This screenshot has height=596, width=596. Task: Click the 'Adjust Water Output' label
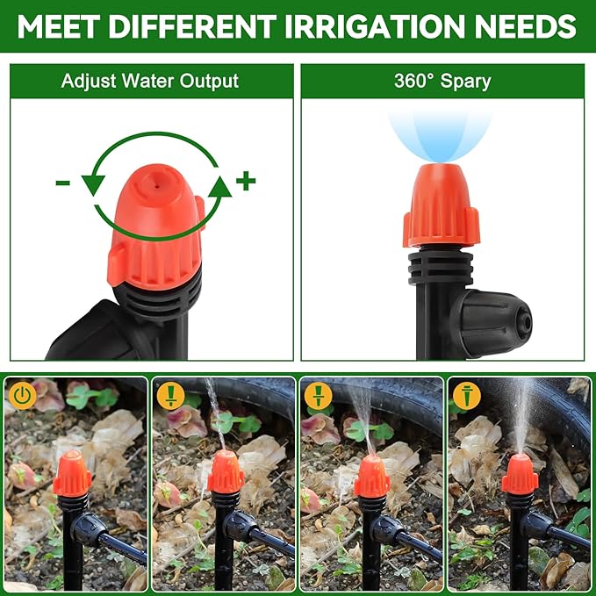click(x=150, y=82)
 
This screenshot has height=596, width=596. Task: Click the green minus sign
click(x=62, y=183)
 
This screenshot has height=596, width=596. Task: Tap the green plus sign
click(x=246, y=182)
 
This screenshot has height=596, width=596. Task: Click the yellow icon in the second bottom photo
click(x=169, y=396)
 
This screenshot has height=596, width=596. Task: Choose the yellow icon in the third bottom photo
click(x=317, y=396)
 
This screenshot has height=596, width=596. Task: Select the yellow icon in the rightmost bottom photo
click(x=464, y=396)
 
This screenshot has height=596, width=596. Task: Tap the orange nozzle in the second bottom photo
click(x=226, y=473)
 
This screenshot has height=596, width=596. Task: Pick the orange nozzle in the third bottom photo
click(x=372, y=477)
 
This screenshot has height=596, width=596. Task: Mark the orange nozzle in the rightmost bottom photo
click(x=520, y=475)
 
